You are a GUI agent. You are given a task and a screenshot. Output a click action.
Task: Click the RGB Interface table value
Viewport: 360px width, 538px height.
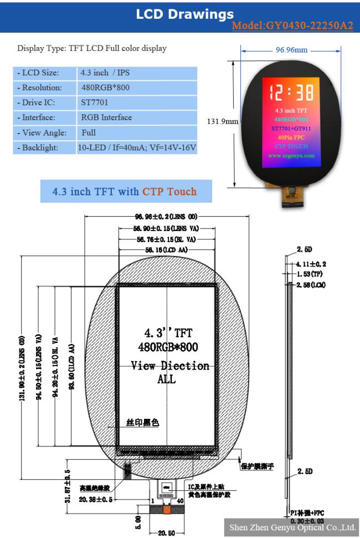click(106, 117)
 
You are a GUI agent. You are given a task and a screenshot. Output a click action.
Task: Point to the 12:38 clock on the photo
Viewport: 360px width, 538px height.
click(291, 91)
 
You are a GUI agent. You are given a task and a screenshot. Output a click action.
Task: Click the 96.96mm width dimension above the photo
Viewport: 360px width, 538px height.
click(291, 50)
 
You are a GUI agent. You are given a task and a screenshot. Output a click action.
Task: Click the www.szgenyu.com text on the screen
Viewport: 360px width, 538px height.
click(291, 156)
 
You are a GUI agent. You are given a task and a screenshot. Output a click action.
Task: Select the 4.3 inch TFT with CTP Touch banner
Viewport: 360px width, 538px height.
click(125, 192)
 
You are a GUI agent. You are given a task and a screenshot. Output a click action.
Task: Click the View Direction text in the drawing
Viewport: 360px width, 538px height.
click(170, 366)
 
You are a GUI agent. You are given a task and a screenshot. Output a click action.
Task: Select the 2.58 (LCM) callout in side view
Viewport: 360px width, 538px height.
click(311, 284)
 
